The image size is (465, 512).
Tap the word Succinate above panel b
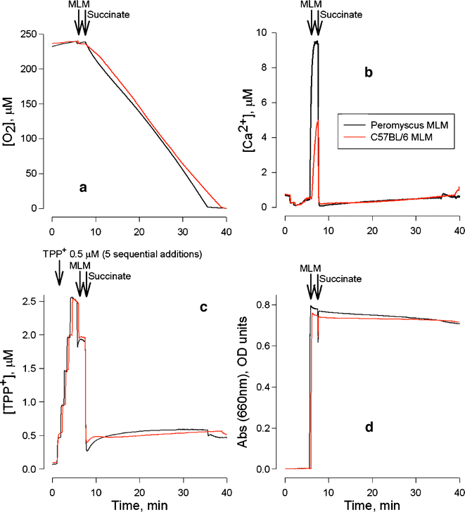(x=340, y=14)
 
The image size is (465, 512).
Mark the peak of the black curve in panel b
(x=316, y=41)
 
